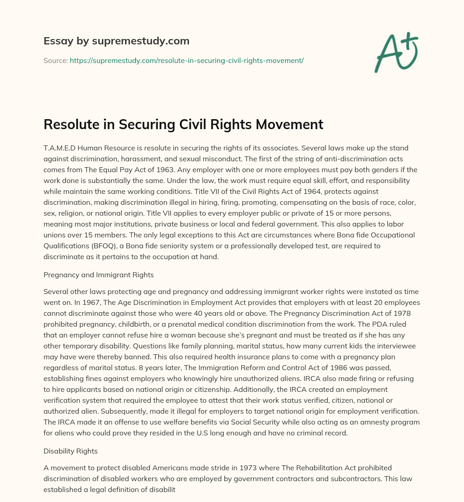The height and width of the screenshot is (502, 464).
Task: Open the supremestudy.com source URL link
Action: click(186, 60)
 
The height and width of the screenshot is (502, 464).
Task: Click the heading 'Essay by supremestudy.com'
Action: click(116, 41)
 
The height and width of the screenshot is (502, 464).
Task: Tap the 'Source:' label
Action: click(55, 60)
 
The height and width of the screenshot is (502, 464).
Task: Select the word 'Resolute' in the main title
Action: click(68, 124)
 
